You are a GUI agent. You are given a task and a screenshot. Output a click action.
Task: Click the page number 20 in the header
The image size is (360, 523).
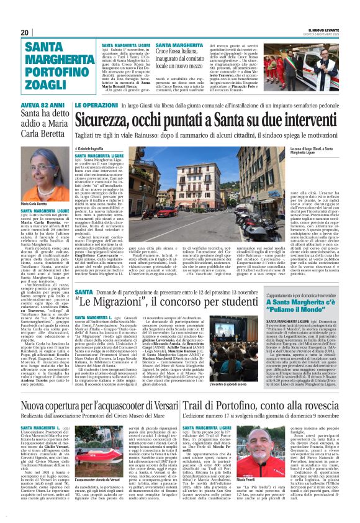coord(25,32)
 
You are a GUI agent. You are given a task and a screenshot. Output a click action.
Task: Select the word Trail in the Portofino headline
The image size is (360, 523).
coord(194,391)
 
